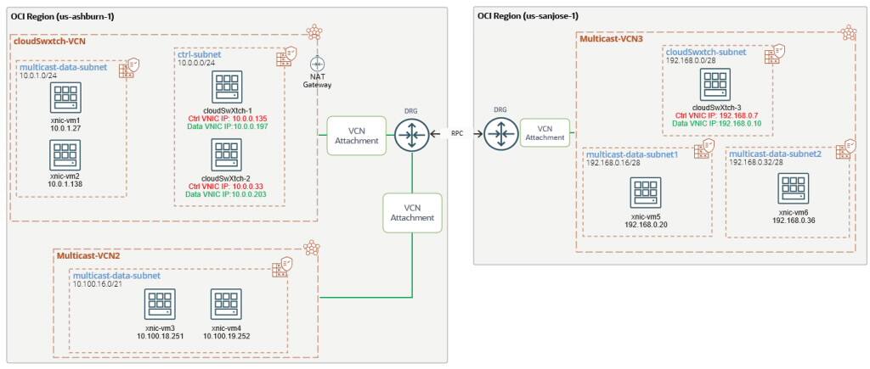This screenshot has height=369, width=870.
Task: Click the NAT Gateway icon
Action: [318, 64]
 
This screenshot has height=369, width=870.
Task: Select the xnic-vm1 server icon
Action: [65, 98]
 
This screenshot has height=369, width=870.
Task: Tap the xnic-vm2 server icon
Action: [65, 155]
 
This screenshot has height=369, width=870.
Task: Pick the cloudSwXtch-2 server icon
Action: [226, 156]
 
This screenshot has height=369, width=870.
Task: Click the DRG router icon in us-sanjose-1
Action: [502, 134]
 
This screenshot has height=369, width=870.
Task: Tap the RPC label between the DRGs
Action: [458, 134]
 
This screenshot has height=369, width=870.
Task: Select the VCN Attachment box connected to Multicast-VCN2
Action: [412, 212]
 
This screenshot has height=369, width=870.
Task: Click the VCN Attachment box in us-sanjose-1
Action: [545, 132]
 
